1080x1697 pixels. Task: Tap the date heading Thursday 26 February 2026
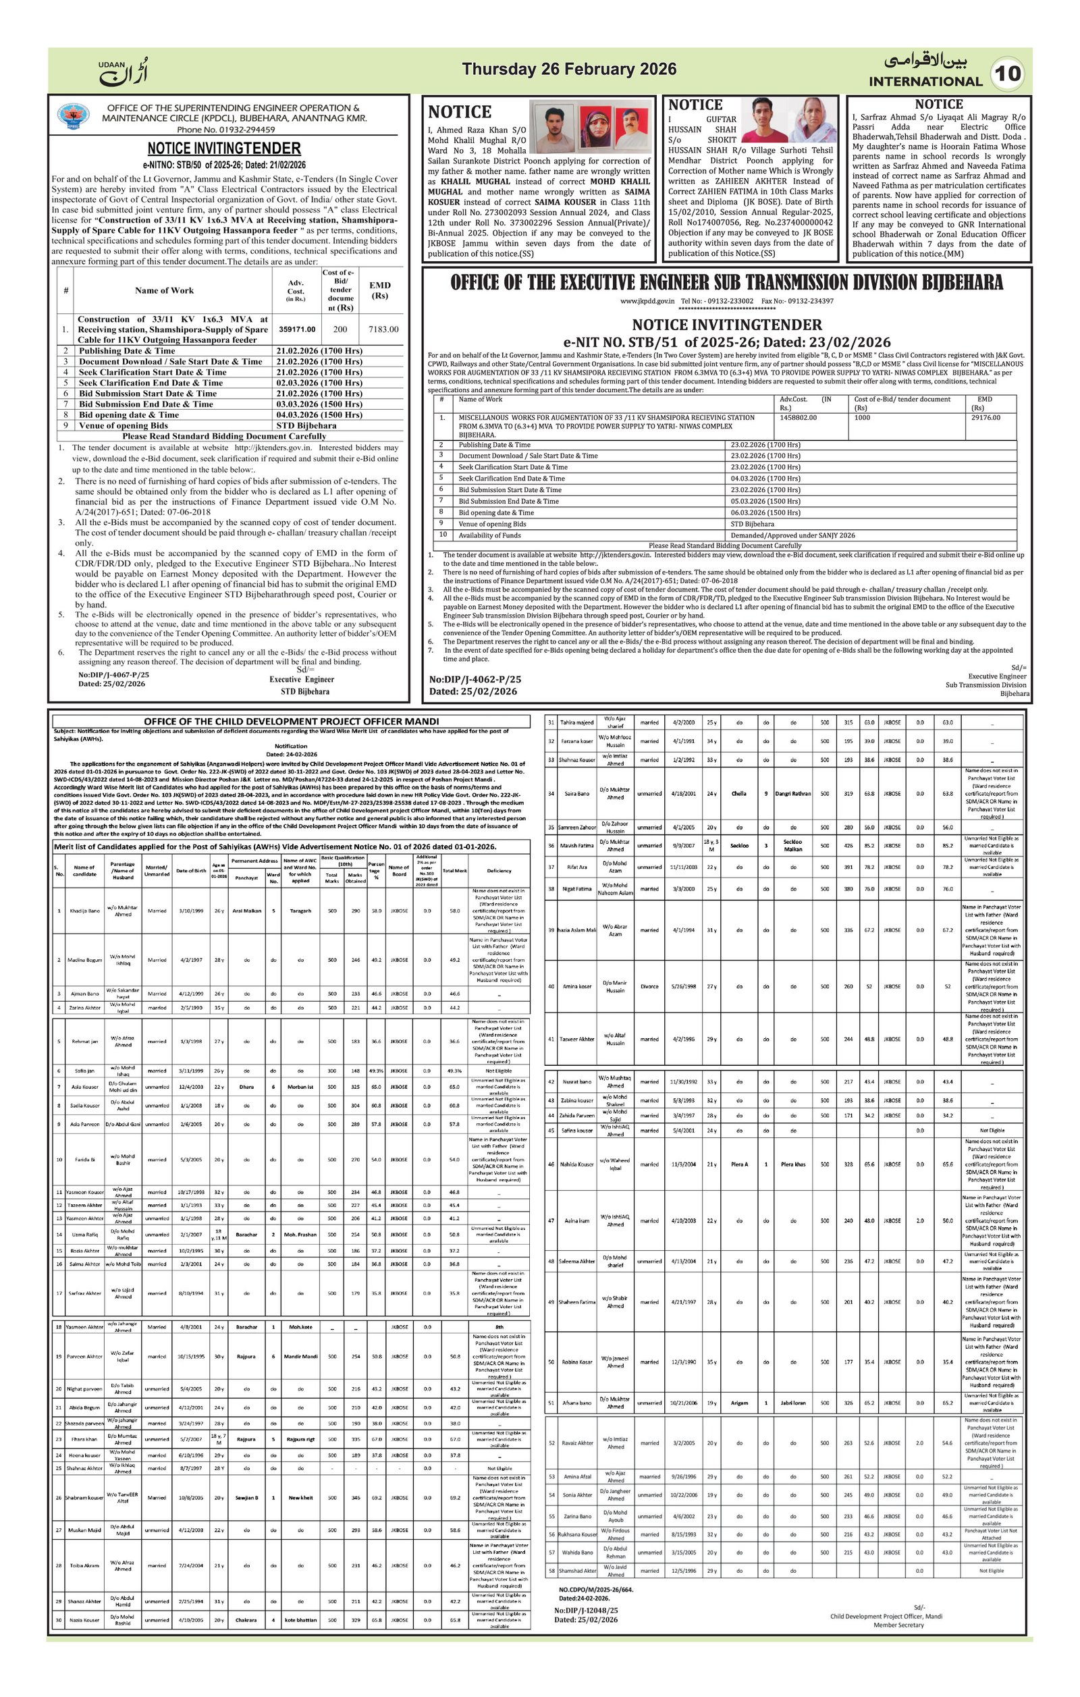(569, 69)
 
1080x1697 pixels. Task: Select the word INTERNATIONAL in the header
(925, 82)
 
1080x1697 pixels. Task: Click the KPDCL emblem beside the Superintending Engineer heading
(74, 115)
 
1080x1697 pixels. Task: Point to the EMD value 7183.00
(383, 329)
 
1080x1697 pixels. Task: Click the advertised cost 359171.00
(296, 329)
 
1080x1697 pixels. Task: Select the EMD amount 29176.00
(986, 418)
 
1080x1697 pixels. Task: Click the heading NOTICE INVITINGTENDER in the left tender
(223, 149)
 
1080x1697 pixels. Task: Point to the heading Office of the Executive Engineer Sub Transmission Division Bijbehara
(726, 283)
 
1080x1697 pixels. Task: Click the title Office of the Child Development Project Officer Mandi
(291, 721)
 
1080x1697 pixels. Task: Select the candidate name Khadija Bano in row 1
(84, 911)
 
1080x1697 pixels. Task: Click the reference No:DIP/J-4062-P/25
(476, 679)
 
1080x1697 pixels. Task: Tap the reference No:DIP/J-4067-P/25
(113, 674)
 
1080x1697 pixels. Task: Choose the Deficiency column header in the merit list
(499, 871)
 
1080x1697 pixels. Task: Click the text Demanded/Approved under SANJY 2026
(792, 535)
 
